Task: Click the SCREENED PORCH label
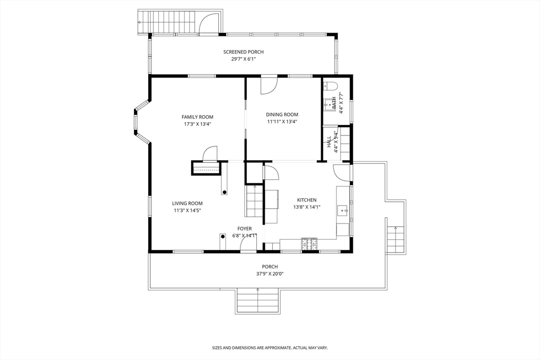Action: (244, 52)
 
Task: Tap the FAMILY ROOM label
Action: (197, 117)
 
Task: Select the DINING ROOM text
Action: (282, 114)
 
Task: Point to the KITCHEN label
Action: (307, 200)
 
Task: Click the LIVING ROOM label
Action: (187, 203)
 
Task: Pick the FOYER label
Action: (245, 229)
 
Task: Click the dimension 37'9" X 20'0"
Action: (270, 274)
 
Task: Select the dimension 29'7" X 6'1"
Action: (244, 59)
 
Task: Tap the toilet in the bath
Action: (331, 85)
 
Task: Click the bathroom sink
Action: (330, 104)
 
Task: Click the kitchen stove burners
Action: (309, 244)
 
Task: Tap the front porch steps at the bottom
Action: (257, 301)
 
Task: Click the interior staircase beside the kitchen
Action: (255, 201)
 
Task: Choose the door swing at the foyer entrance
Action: (248, 245)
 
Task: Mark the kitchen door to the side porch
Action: (342, 172)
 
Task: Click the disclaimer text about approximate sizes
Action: (269, 348)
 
